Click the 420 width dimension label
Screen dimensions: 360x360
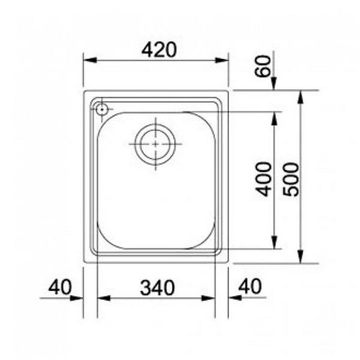159,50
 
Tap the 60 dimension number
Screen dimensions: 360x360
262,66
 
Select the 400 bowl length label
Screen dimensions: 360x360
264,179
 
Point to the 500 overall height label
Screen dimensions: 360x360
291,179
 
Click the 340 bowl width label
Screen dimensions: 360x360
158,287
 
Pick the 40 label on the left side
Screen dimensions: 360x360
60,287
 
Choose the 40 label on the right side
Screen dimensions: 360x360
251,286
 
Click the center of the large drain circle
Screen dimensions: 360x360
156,144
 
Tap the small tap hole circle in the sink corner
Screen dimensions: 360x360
102,109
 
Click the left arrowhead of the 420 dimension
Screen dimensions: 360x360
90,60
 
